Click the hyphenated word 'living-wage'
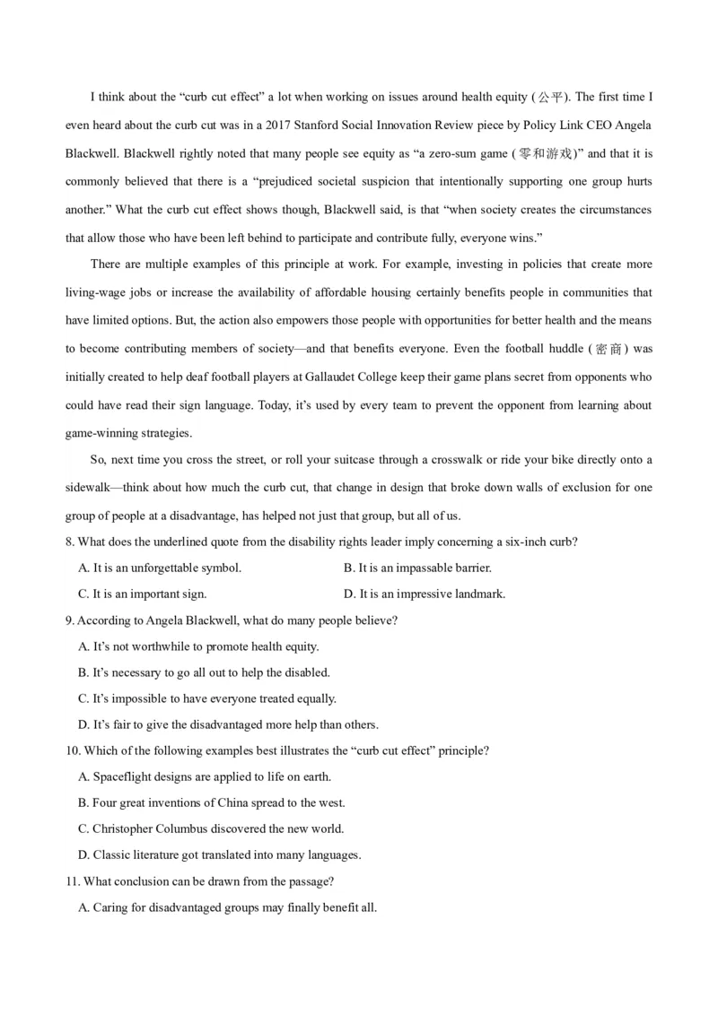(96, 293)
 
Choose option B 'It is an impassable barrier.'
(417, 568)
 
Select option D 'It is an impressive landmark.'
(425, 594)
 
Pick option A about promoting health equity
(198, 646)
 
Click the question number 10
(73, 750)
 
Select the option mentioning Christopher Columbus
(211, 828)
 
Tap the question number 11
(73, 881)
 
